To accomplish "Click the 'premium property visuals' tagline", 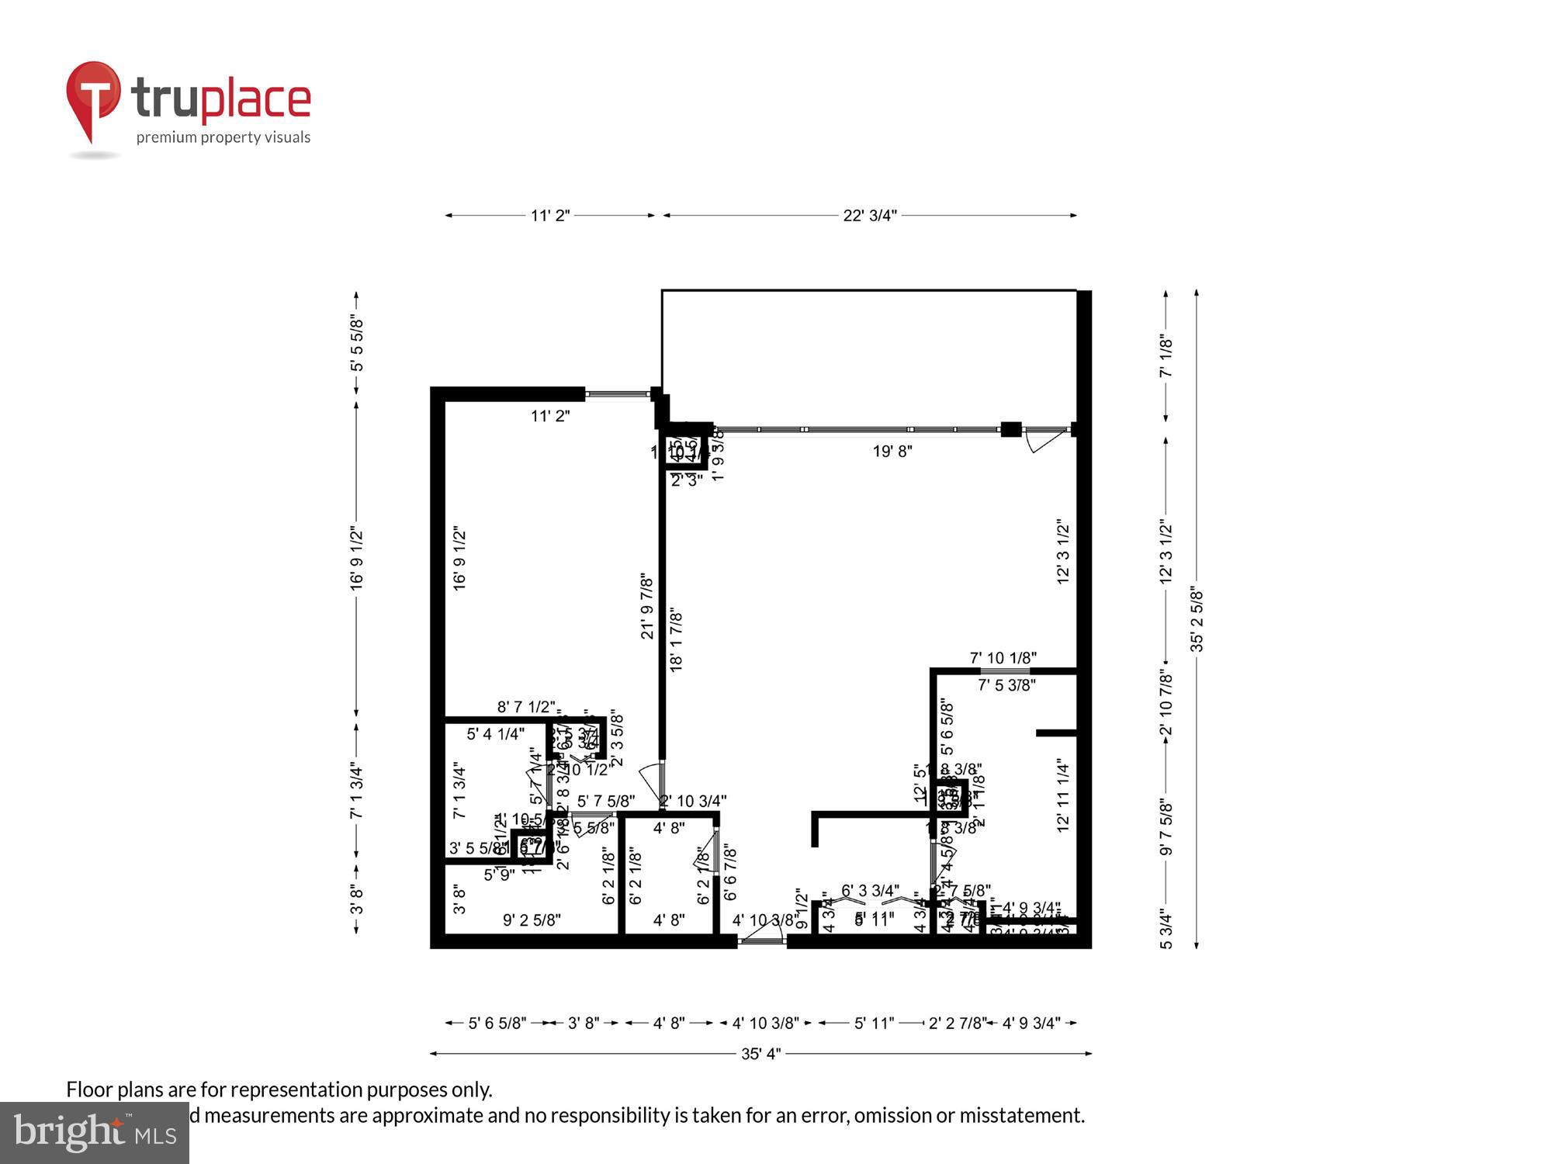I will (x=223, y=138).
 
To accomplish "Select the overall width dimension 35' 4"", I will (x=760, y=1054).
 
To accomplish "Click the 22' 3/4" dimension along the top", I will (x=870, y=216).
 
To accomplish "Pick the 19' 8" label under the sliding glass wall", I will (x=892, y=451).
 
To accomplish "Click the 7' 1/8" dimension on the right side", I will (x=1166, y=357).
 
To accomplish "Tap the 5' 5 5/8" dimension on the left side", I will (x=356, y=344).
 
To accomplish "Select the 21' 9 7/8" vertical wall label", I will (x=647, y=607).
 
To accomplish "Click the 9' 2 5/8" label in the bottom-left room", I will (x=532, y=920).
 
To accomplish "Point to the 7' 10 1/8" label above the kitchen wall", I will (x=1003, y=658).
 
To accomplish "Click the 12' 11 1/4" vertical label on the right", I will (x=1063, y=797).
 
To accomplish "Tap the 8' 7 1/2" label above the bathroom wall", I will (x=526, y=707).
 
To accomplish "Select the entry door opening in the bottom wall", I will (x=761, y=941).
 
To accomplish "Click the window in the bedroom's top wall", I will (x=618, y=394).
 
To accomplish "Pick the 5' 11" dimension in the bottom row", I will (x=874, y=1024).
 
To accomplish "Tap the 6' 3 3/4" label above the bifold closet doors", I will (x=870, y=890).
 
